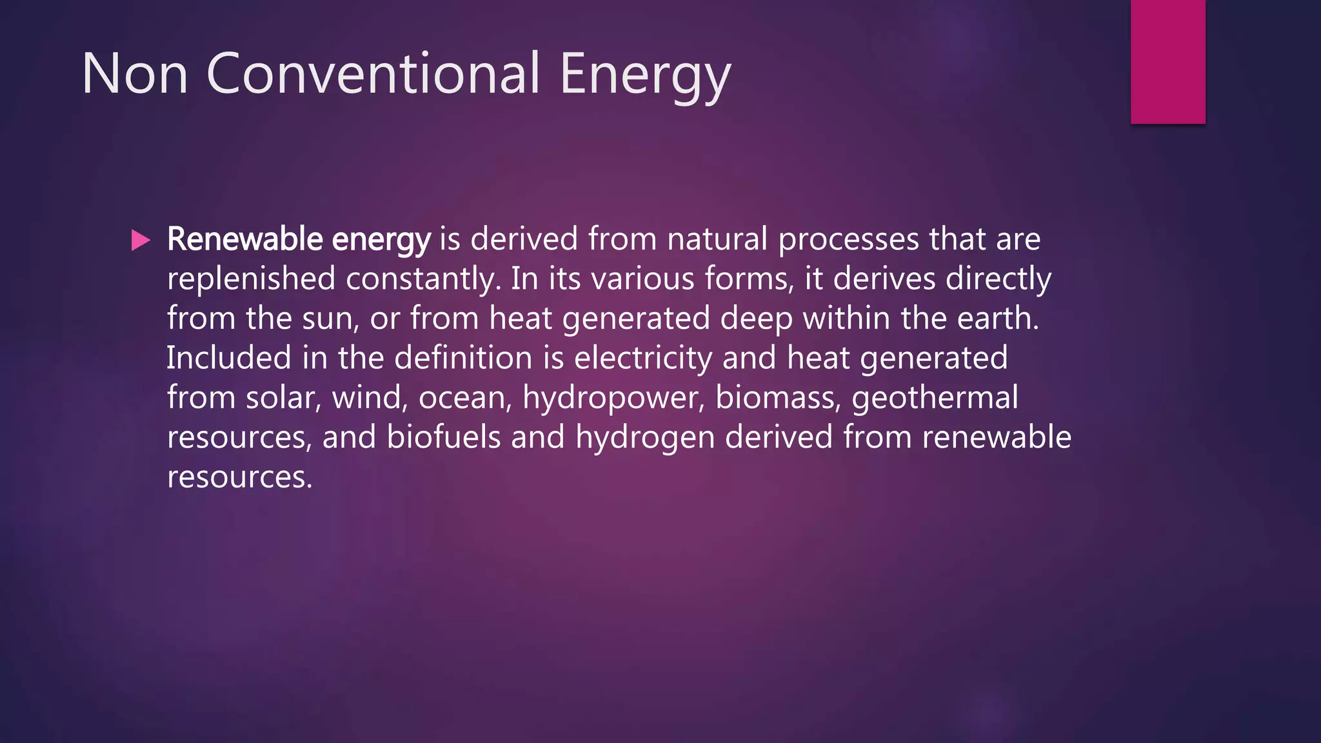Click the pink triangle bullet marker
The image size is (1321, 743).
pyautogui.click(x=140, y=241)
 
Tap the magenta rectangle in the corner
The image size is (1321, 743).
pyautogui.click(x=1167, y=61)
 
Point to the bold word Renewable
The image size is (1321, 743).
pyautogui.click(x=244, y=239)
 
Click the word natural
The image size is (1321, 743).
pyautogui.click(x=717, y=239)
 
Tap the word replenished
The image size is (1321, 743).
pyautogui.click(x=251, y=279)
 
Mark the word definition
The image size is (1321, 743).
pyautogui.click(x=463, y=358)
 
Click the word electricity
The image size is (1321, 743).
pyautogui.click(x=642, y=359)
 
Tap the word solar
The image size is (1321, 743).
pyautogui.click(x=283, y=398)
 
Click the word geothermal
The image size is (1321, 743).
pyautogui.click(x=935, y=398)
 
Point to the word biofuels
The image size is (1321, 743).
pyautogui.click(x=443, y=437)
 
